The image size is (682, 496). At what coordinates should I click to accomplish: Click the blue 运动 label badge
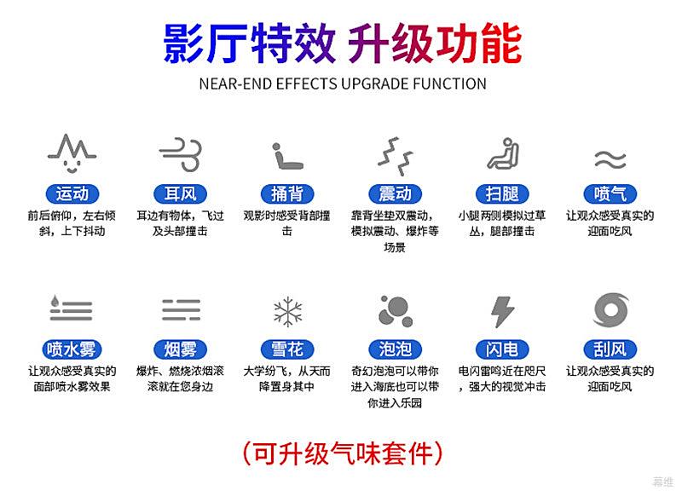click(x=72, y=193)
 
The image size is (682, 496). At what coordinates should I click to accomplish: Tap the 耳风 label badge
click(x=180, y=193)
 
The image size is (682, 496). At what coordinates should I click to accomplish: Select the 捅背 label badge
click(x=287, y=193)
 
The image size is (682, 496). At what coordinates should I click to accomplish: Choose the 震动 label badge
click(x=395, y=193)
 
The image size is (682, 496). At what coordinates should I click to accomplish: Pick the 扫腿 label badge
click(x=502, y=193)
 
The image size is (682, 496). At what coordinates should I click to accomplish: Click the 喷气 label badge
click(x=610, y=193)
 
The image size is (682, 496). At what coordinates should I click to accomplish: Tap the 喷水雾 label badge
click(x=72, y=349)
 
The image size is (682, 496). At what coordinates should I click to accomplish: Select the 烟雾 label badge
click(x=180, y=349)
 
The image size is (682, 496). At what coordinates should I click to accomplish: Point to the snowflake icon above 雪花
click(x=287, y=312)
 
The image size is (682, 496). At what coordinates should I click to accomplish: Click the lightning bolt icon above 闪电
click(x=502, y=311)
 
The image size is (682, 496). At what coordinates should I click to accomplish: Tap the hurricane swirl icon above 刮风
click(x=610, y=309)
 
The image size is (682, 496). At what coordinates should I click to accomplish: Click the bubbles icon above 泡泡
click(x=396, y=311)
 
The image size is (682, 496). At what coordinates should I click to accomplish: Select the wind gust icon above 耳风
click(x=181, y=154)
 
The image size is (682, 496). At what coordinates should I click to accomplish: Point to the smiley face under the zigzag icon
click(x=72, y=164)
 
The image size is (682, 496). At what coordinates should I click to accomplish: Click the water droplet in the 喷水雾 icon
click(x=55, y=300)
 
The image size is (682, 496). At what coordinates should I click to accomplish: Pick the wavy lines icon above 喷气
click(x=610, y=159)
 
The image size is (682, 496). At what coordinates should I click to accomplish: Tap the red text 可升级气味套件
click(x=343, y=453)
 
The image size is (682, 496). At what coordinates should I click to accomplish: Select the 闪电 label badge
click(x=502, y=349)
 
